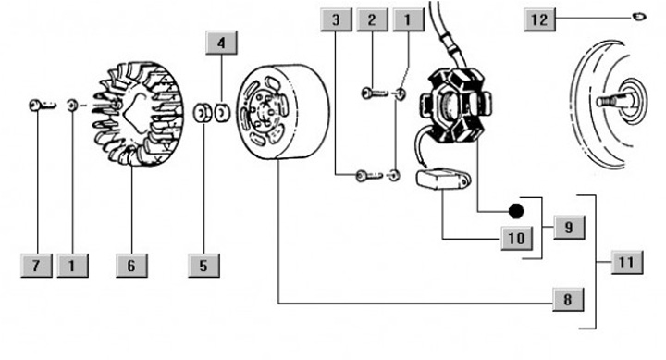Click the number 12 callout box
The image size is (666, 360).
click(539, 19)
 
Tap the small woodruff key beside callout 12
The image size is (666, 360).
click(639, 17)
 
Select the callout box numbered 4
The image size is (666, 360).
click(221, 43)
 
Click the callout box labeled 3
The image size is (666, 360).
click(336, 19)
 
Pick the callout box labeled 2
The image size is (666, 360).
click(372, 19)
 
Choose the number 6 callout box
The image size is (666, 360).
click(131, 266)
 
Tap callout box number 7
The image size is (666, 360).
click(36, 266)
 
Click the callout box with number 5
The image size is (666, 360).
click(203, 266)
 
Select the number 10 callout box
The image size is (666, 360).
click(516, 238)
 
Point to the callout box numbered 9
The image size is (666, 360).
click(569, 227)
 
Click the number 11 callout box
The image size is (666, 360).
click(627, 262)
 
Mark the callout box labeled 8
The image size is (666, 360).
click(568, 299)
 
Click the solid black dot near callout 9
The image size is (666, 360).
click(516, 211)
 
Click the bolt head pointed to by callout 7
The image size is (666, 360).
click(35, 105)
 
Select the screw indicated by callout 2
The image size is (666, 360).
click(375, 93)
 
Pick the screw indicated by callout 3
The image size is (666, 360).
click(369, 176)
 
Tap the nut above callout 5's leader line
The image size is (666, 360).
click(203, 113)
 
